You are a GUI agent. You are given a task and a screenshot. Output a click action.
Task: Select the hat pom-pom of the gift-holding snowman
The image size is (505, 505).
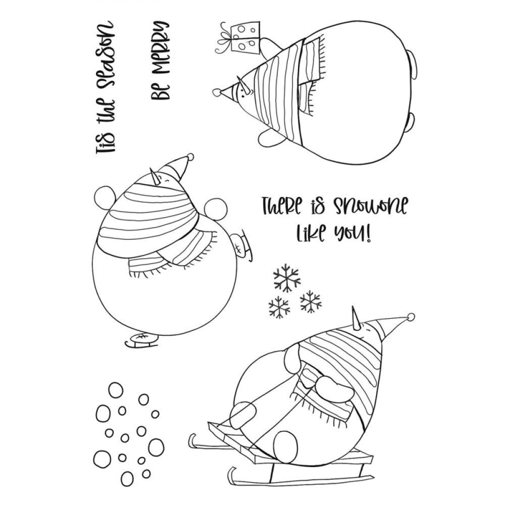point(217,92)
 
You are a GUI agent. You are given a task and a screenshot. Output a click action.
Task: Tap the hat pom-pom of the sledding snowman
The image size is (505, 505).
point(411,317)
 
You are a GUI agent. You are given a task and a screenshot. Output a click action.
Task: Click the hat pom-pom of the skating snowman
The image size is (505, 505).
point(189,157)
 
